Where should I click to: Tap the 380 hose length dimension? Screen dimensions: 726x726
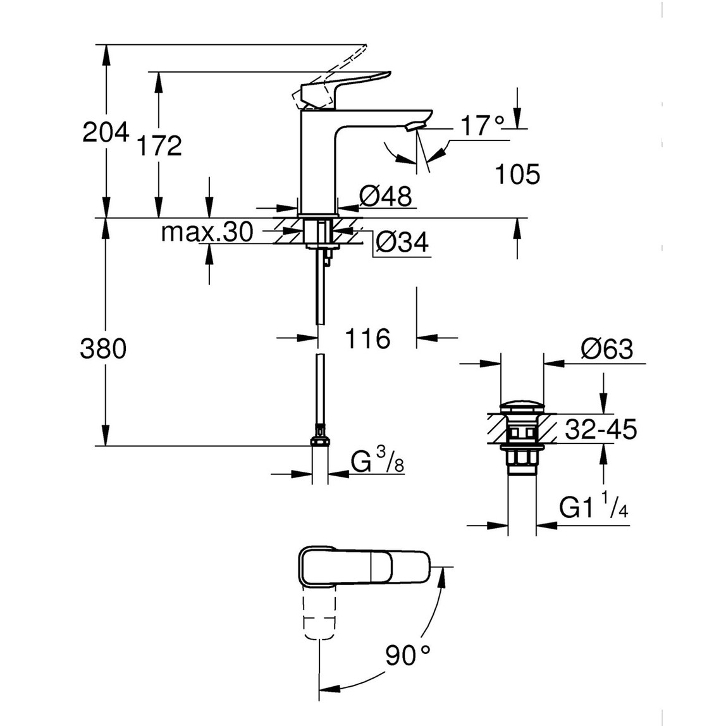[x=104, y=348]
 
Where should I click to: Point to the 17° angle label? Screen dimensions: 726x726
[x=483, y=126]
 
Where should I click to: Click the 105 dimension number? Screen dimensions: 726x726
[x=517, y=174]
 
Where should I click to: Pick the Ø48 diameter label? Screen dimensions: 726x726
[x=385, y=197]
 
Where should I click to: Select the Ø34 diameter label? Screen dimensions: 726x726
[x=401, y=242]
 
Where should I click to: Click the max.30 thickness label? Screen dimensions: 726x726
[x=207, y=232]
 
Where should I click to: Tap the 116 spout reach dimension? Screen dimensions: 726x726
[x=367, y=339]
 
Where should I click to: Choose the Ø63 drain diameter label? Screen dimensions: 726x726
[x=606, y=349]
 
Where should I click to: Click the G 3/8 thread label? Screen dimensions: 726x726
[x=377, y=465]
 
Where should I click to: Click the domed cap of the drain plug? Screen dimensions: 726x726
[x=522, y=405]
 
